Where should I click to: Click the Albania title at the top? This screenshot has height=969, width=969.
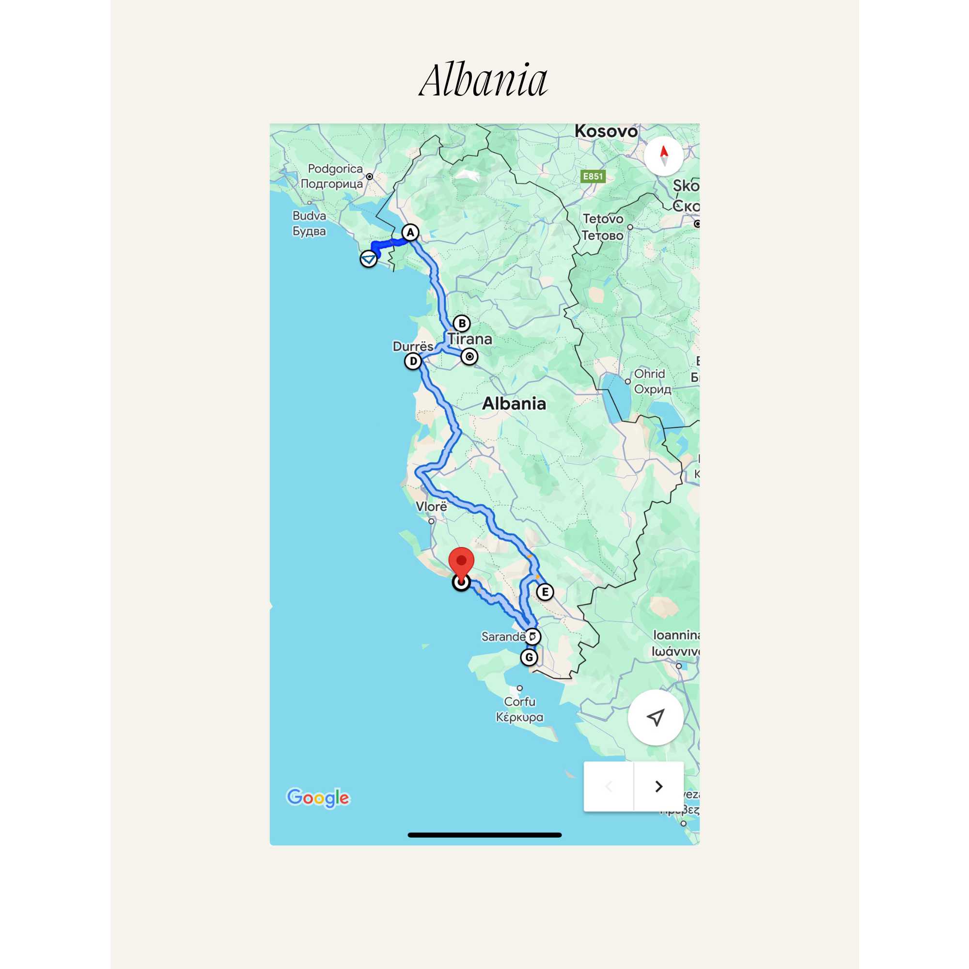tap(484, 80)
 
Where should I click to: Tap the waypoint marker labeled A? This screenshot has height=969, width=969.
tap(410, 233)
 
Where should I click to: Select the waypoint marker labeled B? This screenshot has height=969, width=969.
tap(461, 324)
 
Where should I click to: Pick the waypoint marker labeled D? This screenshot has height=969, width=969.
tap(413, 361)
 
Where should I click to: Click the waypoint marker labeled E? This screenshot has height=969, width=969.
tap(545, 592)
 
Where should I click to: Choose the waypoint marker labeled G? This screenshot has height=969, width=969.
tap(529, 657)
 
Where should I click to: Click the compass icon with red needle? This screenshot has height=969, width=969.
tap(664, 156)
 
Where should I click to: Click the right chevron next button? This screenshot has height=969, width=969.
tap(658, 786)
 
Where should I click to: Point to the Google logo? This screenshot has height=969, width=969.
tap(318, 797)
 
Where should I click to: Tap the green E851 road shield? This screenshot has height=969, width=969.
tap(593, 176)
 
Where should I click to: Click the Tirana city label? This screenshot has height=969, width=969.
tap(470, 339)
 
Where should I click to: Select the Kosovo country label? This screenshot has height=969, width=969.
tap(606, 131)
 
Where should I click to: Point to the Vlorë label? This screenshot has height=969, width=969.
tap(431, 507)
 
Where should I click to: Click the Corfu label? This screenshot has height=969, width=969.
tap(519, 702)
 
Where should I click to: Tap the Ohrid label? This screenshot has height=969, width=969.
tap(650, 374)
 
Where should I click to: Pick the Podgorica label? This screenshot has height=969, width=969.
tap(335, 169)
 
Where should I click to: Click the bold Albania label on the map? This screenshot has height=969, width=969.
tap(514, 404)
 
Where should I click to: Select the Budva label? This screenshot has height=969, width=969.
tap(310, 216)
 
